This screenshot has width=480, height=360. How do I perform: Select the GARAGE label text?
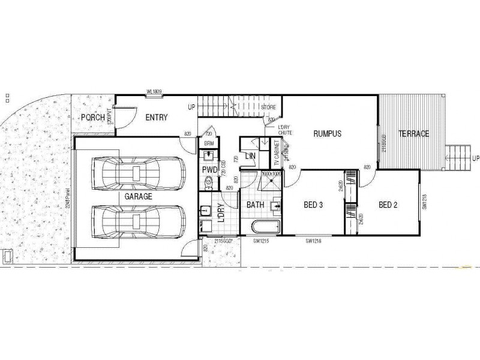pos(138,196)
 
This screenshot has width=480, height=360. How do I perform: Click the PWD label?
pos(209,170)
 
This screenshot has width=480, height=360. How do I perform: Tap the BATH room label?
pos(256,205)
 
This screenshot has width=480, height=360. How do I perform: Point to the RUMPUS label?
pos(327,134)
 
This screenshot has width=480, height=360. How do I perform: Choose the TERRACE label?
pos(415,134)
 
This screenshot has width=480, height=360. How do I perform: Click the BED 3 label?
pos(314,205)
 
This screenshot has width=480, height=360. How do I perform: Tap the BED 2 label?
pos(388,205)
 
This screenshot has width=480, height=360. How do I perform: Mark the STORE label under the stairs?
pos(268,107)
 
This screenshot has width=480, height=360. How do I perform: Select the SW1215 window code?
pos(259,241)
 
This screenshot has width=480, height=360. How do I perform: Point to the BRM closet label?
pos(209,144)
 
